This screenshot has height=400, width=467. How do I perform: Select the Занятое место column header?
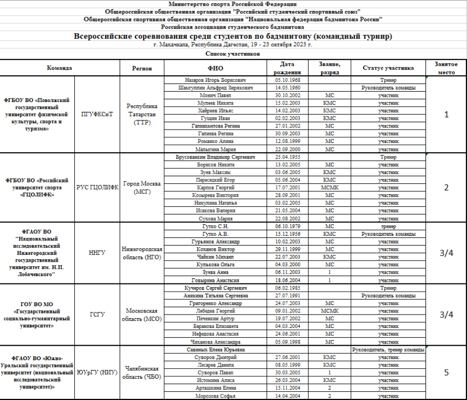pos(446,68)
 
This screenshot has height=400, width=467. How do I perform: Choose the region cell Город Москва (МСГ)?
pos(142,188)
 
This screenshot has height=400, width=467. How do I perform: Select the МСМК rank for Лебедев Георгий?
pos(329,310)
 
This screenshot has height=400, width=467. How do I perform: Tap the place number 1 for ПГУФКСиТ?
pos(446,114)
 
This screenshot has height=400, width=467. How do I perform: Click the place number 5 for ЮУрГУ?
pos(446,372)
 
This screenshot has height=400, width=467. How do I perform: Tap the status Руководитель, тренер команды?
pos(388,350)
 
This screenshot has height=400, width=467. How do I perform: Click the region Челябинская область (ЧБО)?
pos(142,372)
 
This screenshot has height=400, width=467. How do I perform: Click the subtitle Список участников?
pos(232,53)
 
